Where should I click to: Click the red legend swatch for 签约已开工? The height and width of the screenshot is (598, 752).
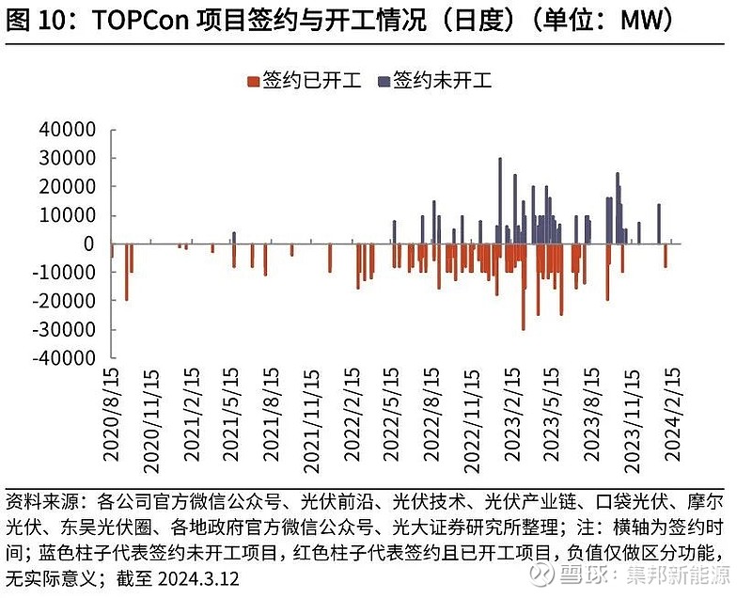point(252,82)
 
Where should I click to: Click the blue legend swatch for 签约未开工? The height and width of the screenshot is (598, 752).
point(383,82)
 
